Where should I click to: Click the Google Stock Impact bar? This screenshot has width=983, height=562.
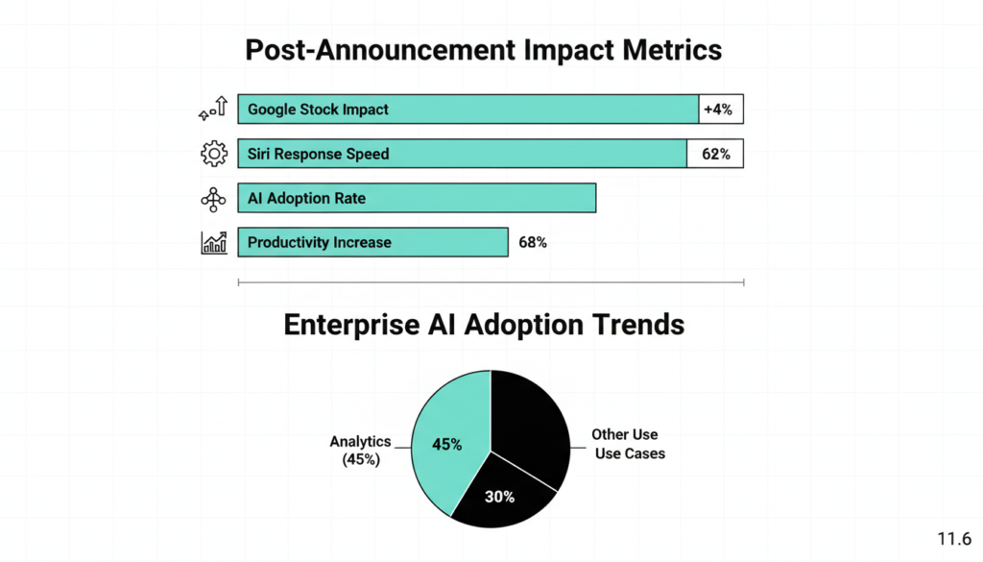[468, 110]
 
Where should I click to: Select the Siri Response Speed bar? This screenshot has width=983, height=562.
[462, 154]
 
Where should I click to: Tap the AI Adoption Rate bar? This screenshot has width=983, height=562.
[417, 198]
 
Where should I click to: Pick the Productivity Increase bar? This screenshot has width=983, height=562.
[372, 242]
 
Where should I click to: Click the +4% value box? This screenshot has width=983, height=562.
[720, 110]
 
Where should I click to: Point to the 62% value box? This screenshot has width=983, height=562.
[715, 154]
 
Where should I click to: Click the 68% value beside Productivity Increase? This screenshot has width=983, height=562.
[532, 242]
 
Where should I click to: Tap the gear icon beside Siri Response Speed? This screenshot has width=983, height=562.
[213, 154]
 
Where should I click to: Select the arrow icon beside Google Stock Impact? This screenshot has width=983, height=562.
[212, 110]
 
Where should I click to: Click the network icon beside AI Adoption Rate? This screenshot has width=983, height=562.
[213, 198]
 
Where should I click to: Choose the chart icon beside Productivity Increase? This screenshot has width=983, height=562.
[213, 242]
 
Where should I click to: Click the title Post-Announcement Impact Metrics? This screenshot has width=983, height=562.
[483, 50]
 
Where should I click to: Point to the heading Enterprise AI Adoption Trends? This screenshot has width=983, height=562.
[484, 325]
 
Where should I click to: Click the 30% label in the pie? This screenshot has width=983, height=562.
[499, 497]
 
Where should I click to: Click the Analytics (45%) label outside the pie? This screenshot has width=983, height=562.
[360, 451]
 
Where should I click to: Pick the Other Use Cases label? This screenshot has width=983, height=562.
[627, 444]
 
